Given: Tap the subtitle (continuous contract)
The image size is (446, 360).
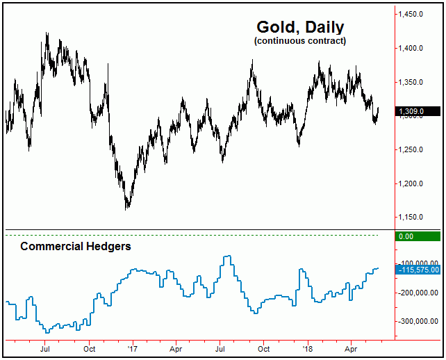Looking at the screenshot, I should (300, 42).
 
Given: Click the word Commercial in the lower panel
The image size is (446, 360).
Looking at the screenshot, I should (49, 246).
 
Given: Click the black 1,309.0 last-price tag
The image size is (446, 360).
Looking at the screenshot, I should (417, 111).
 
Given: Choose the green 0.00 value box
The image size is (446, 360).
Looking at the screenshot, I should (417, 236).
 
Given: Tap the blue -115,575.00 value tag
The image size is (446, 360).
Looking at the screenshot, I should (417, 269).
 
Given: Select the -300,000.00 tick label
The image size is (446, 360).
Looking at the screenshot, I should (418, 322).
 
